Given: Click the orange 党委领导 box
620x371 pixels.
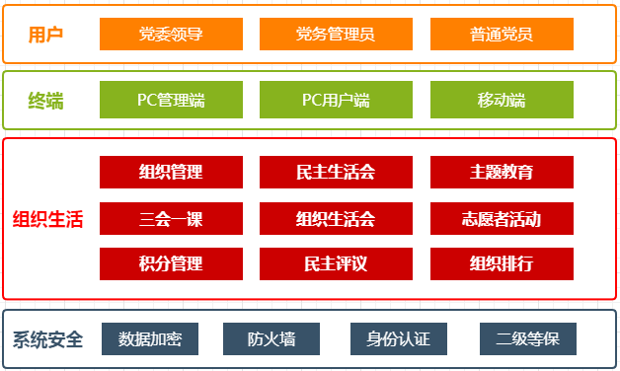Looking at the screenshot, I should coord(171,35).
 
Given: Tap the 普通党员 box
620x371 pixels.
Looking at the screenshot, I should coord(502,35).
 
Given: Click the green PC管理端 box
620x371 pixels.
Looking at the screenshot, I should coord(171,100).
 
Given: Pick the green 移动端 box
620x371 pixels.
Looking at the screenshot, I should coord(502,100).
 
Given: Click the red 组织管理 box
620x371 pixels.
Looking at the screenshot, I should coord(171,172).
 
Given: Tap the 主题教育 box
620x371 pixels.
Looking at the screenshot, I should coord(502,172).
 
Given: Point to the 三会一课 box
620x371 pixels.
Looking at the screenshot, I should coord(171,218).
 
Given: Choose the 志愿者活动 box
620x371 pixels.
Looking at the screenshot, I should coord(502,218).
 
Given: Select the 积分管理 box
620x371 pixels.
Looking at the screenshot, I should coord(171,263).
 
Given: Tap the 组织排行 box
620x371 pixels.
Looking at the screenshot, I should coord(502,263).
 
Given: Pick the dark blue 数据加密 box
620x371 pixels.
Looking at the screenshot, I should coord(150,338).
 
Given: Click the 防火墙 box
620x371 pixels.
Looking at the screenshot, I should coord(271,338).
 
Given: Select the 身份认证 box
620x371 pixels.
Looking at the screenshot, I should coord(399,338).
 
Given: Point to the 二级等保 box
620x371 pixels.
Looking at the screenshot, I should coord(528,338).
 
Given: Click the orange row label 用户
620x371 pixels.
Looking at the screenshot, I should coord(46,35).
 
